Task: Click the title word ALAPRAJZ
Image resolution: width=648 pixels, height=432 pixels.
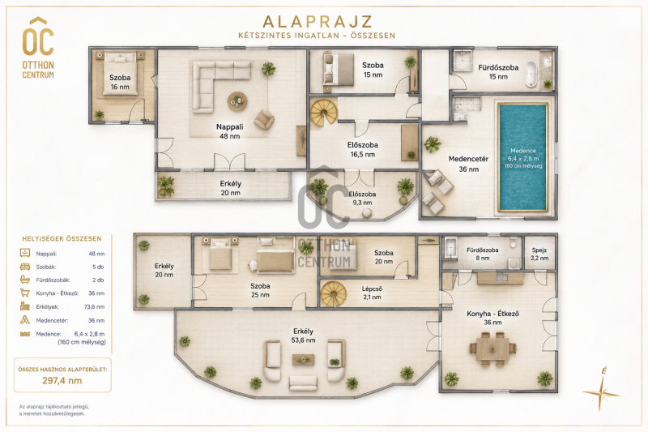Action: (317, 22)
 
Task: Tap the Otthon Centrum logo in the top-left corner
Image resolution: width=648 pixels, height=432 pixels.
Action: (38, 48)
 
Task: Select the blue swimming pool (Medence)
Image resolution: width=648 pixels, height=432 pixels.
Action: (522, 157)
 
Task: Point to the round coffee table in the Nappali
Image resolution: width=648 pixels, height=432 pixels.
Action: (237, 101)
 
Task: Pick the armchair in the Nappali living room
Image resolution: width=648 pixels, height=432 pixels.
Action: (264, 119)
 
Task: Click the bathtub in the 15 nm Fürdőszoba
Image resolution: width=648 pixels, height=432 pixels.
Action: (531, 74)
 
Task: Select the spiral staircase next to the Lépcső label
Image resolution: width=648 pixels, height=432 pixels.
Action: (334, 294)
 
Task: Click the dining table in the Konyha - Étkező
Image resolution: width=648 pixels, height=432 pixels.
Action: (492, 349)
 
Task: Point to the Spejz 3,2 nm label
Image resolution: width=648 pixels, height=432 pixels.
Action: (539, 254)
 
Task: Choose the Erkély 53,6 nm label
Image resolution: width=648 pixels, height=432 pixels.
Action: (303, 336)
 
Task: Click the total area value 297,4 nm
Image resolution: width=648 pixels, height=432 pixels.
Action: (62, 381)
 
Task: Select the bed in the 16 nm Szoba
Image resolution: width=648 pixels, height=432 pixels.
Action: (119, 73)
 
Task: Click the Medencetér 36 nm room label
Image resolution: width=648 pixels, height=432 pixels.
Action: (469, 164)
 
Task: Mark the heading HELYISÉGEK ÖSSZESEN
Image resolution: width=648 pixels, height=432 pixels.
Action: (62, 238)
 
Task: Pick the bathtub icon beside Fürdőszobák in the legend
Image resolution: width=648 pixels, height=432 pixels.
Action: (25, 280)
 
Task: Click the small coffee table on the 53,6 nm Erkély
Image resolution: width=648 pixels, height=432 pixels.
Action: (303, 360)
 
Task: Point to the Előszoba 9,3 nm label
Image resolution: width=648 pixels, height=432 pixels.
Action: (362, 198)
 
